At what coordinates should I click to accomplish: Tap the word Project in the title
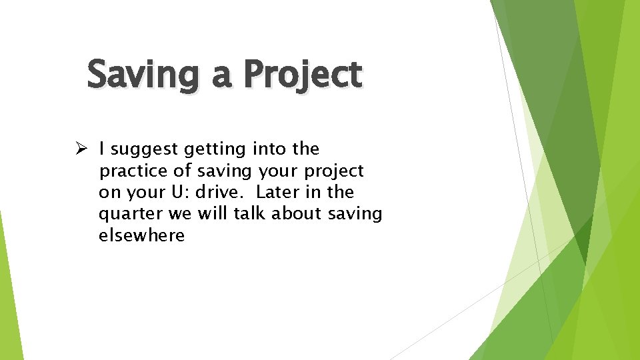[303, 75]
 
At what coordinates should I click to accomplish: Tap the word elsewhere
[141, 235]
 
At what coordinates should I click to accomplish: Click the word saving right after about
[357, 214]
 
